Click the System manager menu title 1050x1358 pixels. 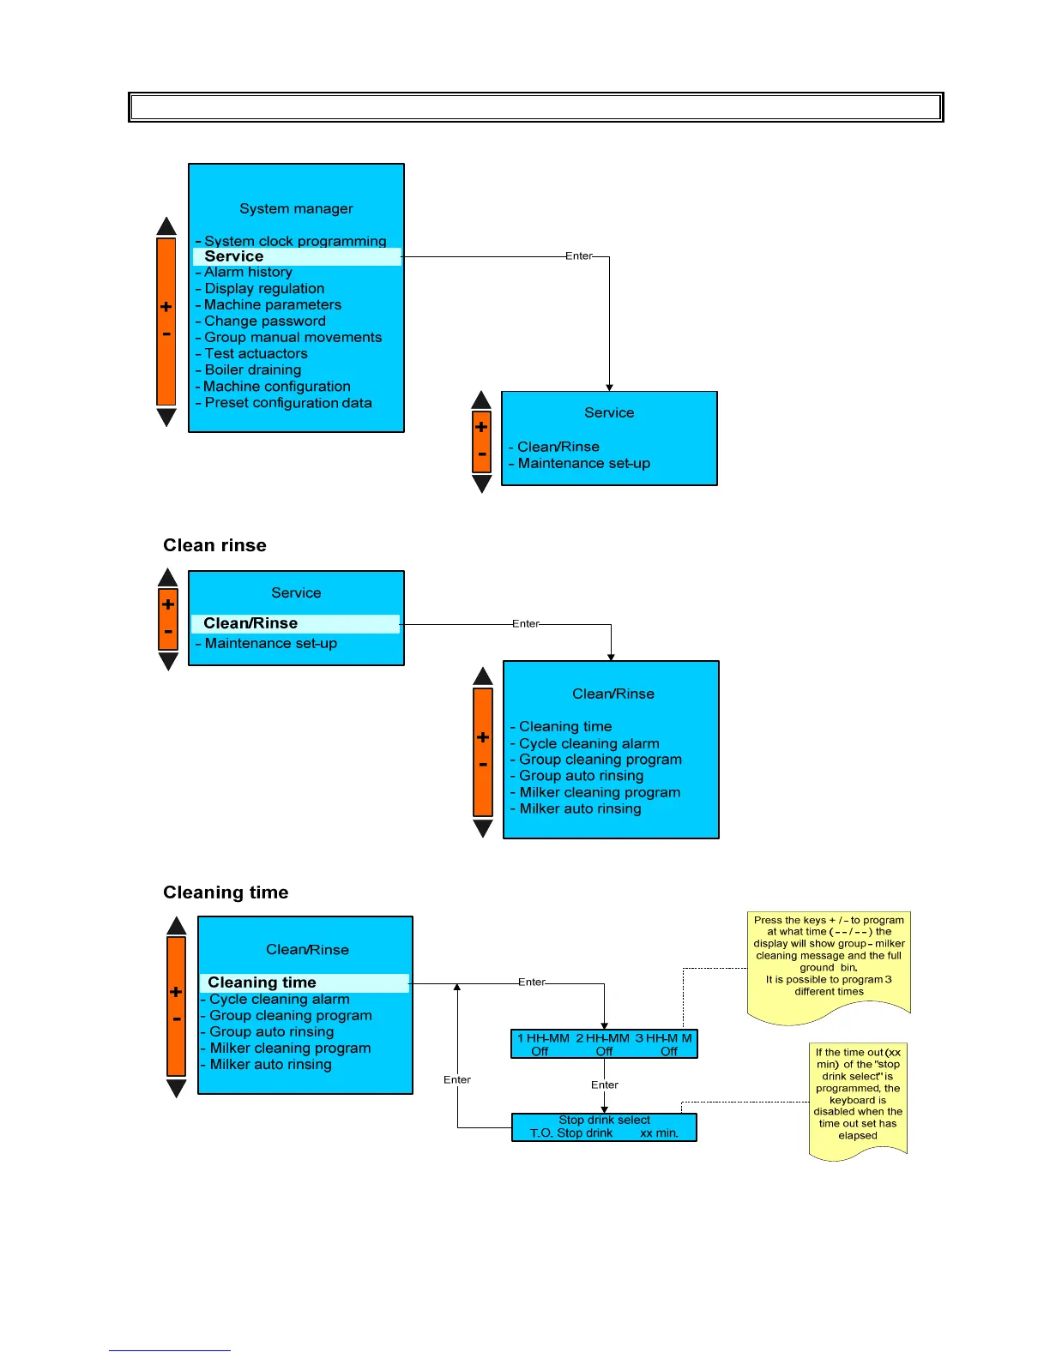296,208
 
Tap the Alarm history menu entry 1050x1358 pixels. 248,272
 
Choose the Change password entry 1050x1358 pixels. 264,321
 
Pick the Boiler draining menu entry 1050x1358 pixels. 252,370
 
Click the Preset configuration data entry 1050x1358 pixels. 287,403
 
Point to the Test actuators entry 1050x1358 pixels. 256,354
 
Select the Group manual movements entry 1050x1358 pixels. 293,338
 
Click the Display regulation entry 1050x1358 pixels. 264,289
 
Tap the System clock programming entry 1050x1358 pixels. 295,241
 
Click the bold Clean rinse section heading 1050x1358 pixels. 214,545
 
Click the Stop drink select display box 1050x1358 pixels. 604,1127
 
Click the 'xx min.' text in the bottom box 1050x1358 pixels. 659,1133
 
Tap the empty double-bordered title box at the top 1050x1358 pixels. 535,107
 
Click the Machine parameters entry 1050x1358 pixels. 272,305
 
